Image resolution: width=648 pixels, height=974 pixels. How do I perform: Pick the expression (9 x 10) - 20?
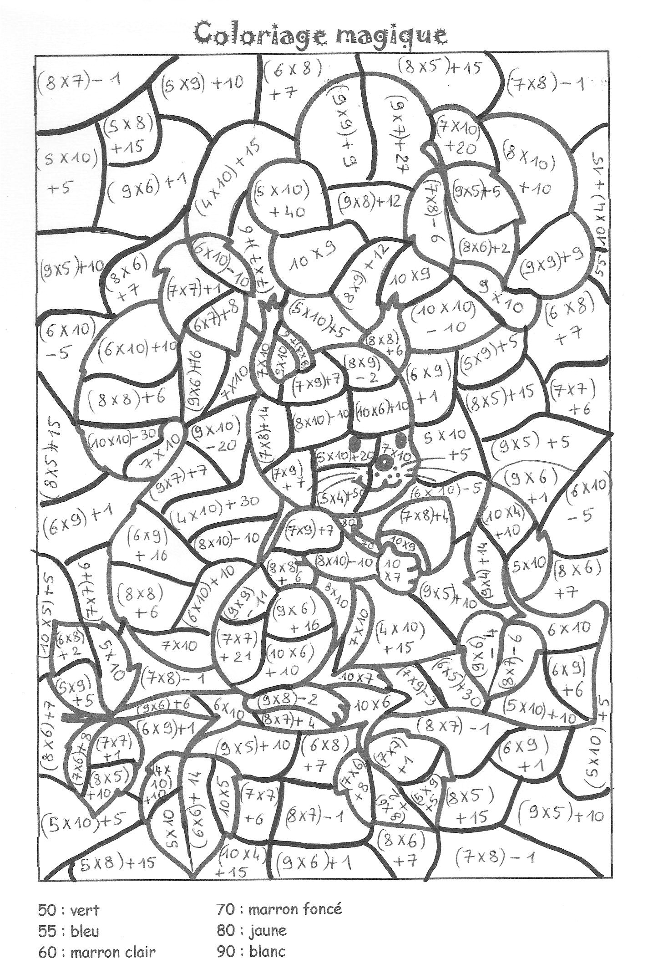[216, 437]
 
